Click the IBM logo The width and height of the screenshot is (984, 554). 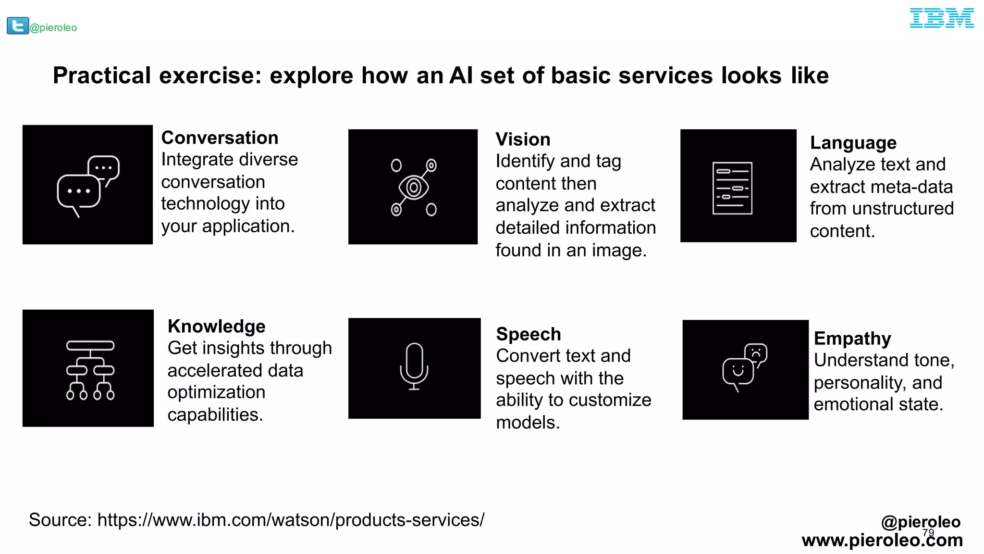tap(941, 18)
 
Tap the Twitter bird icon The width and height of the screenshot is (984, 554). tap(18, 26)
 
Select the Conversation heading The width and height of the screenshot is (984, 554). tap(220, 138)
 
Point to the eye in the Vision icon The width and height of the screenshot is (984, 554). tap(414, 188)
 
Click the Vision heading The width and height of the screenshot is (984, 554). tap(523, 139)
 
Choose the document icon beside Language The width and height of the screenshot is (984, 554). tap(732, 188)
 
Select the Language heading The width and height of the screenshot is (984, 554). tap(853, 143)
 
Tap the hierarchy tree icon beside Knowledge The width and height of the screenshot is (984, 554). tap(90, 370)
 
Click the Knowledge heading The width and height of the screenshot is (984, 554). tap(216, 327)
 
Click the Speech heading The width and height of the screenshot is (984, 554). tap(528, 334)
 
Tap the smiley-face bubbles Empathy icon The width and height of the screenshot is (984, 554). tap(744, 367)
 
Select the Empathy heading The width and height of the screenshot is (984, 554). tap(852, 339)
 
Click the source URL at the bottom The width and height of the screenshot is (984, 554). tap(291, 520)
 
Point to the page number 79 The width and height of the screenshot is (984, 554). tap(928, 533)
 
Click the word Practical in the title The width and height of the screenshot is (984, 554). tap(102, 76)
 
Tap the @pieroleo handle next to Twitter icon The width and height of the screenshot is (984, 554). tap(53, 28)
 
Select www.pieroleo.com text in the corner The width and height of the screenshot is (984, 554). tap(882, 541)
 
